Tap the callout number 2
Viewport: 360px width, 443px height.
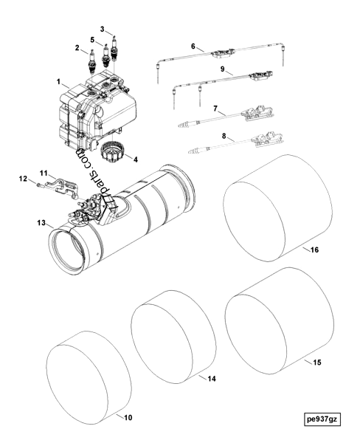tap(77, 49)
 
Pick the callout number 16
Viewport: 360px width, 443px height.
tap(315, 250)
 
